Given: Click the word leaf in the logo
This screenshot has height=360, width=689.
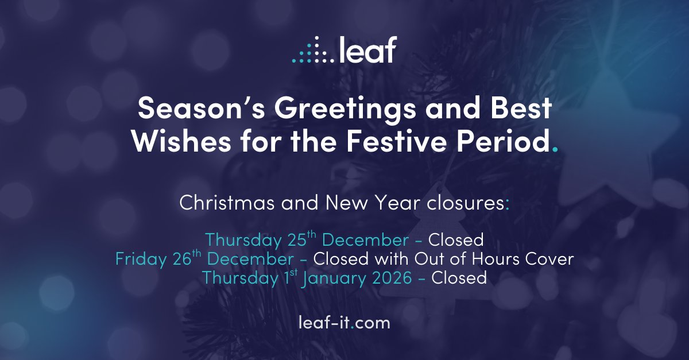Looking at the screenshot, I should pos(368,50).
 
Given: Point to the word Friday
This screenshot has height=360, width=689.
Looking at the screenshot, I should pos(141,259).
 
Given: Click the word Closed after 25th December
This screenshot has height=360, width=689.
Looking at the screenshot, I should pos(456,239).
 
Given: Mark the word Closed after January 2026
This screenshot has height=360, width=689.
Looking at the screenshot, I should pos(459,278).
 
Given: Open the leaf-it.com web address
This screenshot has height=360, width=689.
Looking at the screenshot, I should pos(344,323).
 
